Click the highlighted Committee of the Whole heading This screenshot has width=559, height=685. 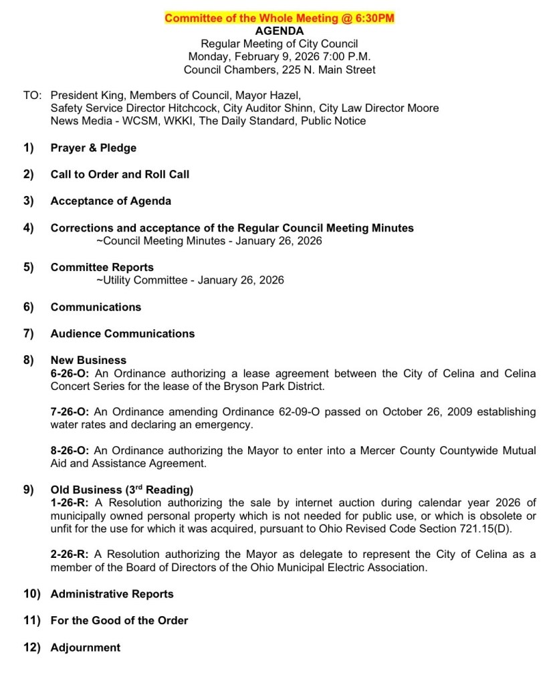click(279, 18)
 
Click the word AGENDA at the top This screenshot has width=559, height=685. click(279, 31)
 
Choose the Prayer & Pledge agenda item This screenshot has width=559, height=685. click(94, 148)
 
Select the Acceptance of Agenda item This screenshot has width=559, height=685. click(111, 201)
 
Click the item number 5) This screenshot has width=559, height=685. click(29, 267)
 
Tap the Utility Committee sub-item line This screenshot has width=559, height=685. click(190, 280)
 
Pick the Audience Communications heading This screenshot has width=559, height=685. click(122, 333)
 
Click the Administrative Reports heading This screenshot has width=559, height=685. click(112, 594)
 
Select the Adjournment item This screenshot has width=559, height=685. click(86, 648)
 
